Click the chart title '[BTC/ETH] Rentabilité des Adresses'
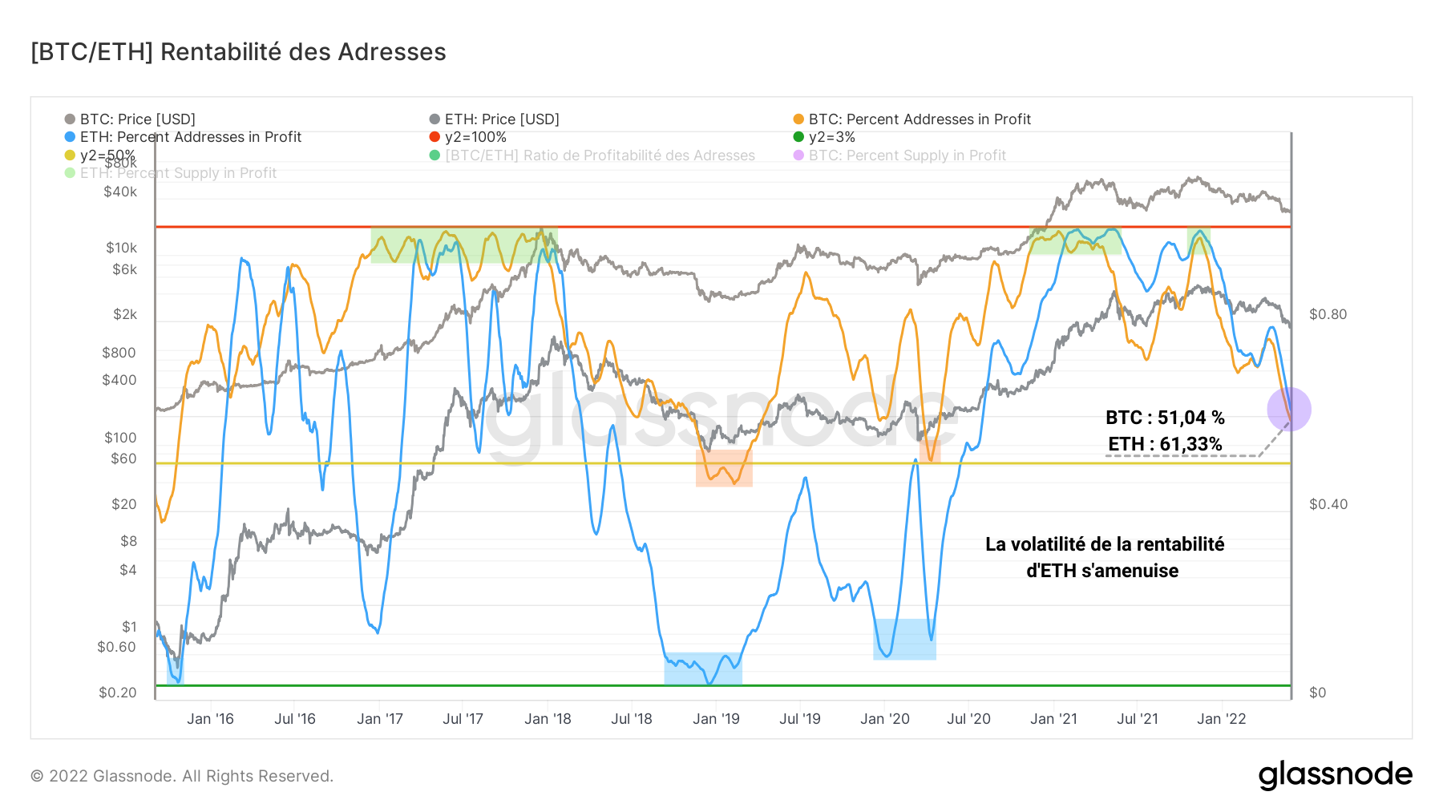[238, 52]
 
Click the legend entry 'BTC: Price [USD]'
[137, 119]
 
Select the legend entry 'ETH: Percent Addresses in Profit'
[190, 137]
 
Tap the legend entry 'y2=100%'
[475, 137]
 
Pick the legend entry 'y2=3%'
[831, 137]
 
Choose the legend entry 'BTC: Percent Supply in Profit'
[907, 156]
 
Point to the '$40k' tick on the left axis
[120, 192]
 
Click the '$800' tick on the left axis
[119, 353]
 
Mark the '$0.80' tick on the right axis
[1328, 314]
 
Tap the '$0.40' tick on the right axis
[1328, 504]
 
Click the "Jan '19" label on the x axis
[716, 719]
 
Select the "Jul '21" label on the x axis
[1137, 719]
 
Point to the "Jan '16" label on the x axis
[210, 719]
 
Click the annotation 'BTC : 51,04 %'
[1165, 418]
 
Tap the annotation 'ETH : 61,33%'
[1165, 444]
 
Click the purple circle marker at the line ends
[1289, 410]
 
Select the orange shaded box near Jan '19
[724, 468]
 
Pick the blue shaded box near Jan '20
[904, 639]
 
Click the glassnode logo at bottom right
[1335, 775]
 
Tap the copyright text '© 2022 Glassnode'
[182, 776]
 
